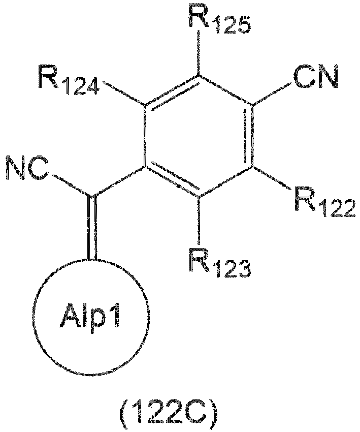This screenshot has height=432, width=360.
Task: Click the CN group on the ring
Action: (x=315, y=76)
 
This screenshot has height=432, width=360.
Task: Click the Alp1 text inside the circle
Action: (x=90, y=316)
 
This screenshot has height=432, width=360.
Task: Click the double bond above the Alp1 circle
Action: (x=92, y=228)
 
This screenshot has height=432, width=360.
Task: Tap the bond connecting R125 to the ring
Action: (x=199, y=52)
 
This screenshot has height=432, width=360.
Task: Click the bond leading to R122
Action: (x=271, y=178)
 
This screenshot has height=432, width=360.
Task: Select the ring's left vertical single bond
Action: (x=145, y=136)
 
